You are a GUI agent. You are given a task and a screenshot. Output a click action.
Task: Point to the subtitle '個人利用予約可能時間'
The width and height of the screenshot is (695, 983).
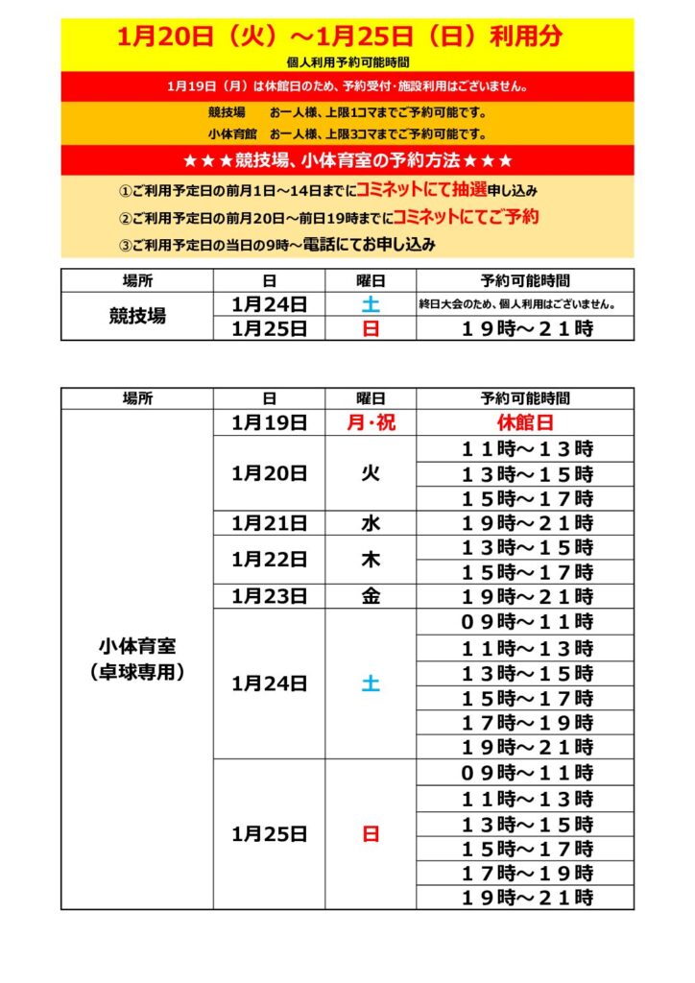coord(347,62)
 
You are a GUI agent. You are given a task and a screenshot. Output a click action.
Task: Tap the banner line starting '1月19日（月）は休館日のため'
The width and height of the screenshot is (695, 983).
coord(347,86)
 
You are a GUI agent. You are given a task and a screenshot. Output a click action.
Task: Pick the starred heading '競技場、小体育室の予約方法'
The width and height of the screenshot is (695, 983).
coord(347,159)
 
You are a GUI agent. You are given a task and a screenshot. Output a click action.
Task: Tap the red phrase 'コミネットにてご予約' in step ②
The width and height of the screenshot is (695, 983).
coord(466,217)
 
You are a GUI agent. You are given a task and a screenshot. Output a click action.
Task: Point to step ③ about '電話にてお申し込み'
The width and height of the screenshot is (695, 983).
coord(277,245)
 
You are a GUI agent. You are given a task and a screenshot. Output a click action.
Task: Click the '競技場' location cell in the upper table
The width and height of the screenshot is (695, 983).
coord(137,317)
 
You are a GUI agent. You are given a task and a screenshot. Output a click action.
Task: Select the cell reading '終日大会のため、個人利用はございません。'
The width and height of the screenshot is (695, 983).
coord(524,305)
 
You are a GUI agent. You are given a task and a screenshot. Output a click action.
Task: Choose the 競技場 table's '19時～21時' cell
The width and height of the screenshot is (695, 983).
coord(525,328)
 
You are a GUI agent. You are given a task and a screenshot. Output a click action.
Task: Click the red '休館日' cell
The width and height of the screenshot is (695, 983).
coord(525,422)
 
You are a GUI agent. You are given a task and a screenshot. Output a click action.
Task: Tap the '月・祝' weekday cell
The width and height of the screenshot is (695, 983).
coord(370,422)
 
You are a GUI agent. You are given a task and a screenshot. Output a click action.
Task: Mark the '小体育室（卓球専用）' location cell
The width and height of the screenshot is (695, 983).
coord(137,659)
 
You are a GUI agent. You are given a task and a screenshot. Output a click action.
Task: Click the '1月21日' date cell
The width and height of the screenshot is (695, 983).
coord(269,523)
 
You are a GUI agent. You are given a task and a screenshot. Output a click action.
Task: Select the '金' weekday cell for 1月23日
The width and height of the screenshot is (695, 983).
coord(370,596)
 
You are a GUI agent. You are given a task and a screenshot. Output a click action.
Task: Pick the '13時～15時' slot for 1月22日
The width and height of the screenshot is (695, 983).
coord(525,547)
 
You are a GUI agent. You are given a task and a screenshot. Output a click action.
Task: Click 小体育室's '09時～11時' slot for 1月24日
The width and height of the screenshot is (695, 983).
coord(525,622)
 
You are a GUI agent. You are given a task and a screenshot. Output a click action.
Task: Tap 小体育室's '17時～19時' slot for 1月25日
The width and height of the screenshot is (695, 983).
coord(525,874)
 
